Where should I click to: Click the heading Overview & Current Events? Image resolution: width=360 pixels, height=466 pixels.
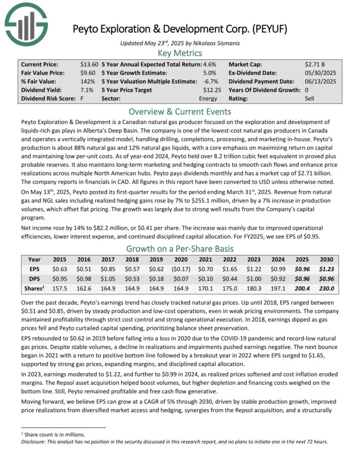pos(179,111)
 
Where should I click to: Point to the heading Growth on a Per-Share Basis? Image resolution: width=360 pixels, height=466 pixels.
pos(179,249)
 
